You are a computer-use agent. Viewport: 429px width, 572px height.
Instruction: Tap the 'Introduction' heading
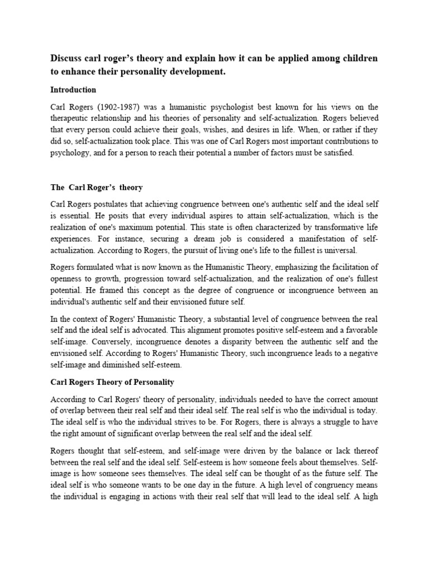click(x=73, y=89)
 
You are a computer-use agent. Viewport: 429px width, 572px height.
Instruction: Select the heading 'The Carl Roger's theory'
click(x=97, y=187)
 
